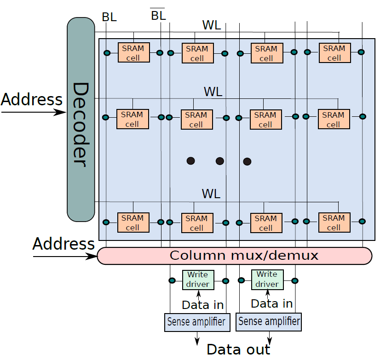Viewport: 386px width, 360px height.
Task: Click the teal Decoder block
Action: pyautogui.click(x=81, y=120)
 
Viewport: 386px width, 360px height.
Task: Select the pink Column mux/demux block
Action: pyautogui.click(x=235, y=256)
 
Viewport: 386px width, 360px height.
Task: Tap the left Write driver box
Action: pyautogui.click(x=198, y=280)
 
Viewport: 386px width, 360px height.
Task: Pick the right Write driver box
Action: pyautogui.click(x=267, y=280)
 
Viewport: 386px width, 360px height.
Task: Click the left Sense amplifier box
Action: pyautogui.click(x=197, y=322)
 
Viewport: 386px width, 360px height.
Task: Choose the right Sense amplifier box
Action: pyautogui.click(x=269, y=322)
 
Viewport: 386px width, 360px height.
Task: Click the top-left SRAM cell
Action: pyautogui.click(x=134, y=52)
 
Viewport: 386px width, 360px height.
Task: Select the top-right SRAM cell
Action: pyautogui.click(x=335, y=53)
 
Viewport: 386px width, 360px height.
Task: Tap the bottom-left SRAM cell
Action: pyautogui.click(x=133, y=223)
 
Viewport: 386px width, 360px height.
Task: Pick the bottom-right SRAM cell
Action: pyautogui.click(x=334, y=223)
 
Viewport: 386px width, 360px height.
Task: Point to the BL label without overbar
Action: pyautogui.click(x=109, y=17)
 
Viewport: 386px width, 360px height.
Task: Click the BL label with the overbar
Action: pyautogui.click(x=158, y=15)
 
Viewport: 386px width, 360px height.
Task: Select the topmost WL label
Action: pyautogui.click(x=212, y=25)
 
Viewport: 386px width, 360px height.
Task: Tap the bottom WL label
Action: pyautogui.click(x=211, y=194)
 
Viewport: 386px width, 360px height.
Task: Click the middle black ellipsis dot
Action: pyautogui.click(x=219, y=161)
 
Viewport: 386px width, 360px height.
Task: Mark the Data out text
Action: pyautogui.click(x=238, y=349)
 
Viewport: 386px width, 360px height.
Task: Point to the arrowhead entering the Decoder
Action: pyautogui.click(x=60, y=113)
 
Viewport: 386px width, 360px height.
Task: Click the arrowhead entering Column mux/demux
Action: pyautogui.click(x=92, y=257)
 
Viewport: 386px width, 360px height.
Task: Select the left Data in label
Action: pyautogui.click(x=202, y=305)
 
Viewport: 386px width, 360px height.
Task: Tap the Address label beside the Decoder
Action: pyautogui.click(x=31, y=100)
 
